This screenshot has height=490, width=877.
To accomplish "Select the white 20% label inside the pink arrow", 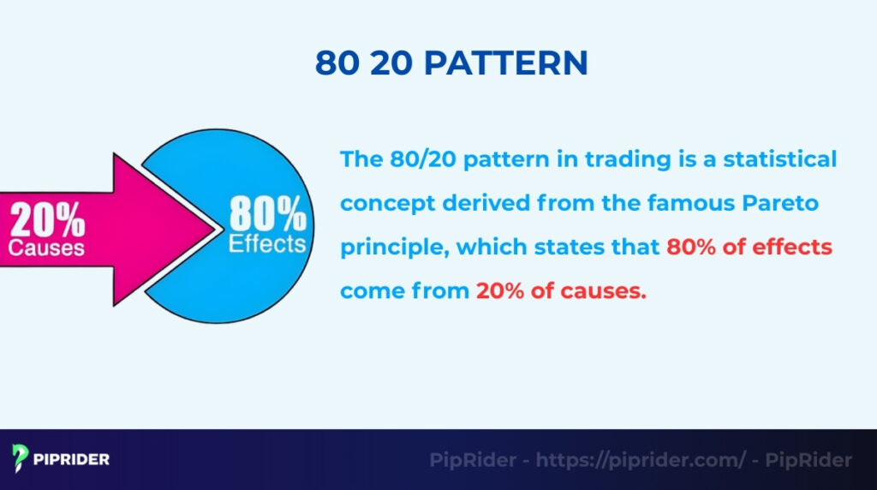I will point(47,221).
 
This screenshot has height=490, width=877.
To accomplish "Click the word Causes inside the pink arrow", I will point(46,248).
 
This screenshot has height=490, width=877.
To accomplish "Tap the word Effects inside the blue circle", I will point(266,243).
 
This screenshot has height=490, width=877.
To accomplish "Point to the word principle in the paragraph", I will point(394,248).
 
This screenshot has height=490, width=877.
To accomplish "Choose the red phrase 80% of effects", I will point(749,248).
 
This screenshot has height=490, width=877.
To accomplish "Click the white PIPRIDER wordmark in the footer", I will point(72,459).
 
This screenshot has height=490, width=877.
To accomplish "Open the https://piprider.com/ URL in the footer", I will point(641,460).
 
